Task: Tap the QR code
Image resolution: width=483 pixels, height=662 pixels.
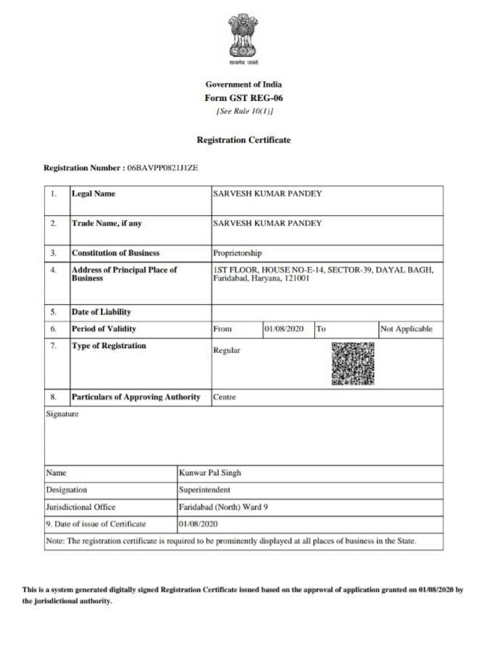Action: [352, 363]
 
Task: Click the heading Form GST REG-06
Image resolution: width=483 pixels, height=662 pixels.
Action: [243, 98]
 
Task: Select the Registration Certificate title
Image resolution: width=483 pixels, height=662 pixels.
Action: [243, 140]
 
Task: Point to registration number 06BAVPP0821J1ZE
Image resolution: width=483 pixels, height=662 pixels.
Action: [162, 169]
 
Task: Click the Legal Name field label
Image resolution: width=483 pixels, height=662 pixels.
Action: [93, 194]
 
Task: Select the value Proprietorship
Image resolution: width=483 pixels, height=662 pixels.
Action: [237, 253]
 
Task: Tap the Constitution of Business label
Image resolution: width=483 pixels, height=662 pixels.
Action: [115, 253]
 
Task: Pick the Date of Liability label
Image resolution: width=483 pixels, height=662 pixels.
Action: [101, 312]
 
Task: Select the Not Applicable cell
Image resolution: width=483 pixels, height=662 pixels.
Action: [406, 329]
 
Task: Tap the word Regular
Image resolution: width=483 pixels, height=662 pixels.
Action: [227, 351]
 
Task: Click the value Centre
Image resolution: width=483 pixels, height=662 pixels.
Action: [224, 397]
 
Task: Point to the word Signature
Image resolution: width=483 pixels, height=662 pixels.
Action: [62, 413]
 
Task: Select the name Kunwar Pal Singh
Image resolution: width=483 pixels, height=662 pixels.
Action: [210, 473]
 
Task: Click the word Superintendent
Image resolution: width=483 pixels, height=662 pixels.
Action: [204, 490]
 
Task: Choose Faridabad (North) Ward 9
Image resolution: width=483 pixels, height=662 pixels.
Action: [223, 507]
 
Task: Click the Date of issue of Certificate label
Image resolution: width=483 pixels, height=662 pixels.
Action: [96, 524]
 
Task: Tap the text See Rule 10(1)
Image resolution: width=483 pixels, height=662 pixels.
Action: [243, 111]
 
